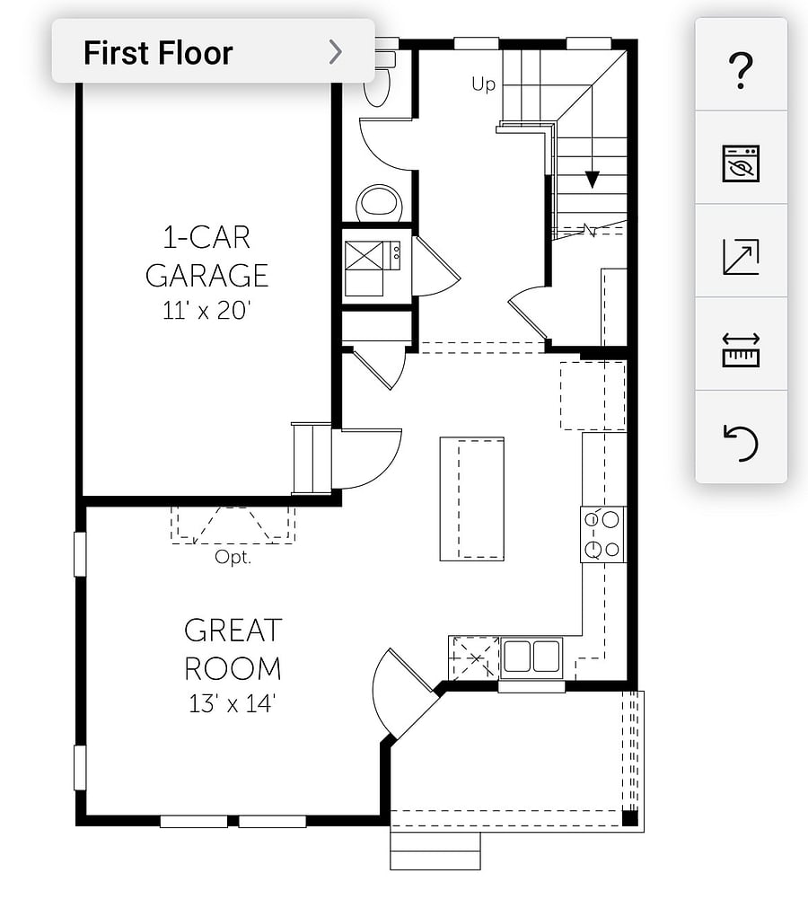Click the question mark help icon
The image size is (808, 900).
[x=741, y=70]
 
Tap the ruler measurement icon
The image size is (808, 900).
[x=741, y=349]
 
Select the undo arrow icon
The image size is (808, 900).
[x=741, y=443]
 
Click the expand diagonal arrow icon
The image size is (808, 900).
[x=741, y=257]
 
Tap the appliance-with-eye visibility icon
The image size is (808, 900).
[x=741, y=163]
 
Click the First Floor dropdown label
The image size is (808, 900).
[x=158, y=53]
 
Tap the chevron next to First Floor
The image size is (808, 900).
[x=336, y=52]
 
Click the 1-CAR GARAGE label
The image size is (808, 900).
[x=206, y=256]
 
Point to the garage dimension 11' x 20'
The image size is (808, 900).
[x=206, y=311]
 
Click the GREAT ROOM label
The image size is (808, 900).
[x=233, y=649]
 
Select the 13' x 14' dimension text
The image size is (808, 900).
[x=233, y=703]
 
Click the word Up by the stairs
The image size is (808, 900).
[x=483, y=84]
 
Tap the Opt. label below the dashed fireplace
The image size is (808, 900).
[x=233, y=557]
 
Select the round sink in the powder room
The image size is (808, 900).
[x=379, y=203]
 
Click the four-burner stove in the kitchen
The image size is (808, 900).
[x=602, y=534]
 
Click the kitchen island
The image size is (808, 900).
[x=471, y=499]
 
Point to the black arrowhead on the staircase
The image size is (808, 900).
[x=592, y=180]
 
